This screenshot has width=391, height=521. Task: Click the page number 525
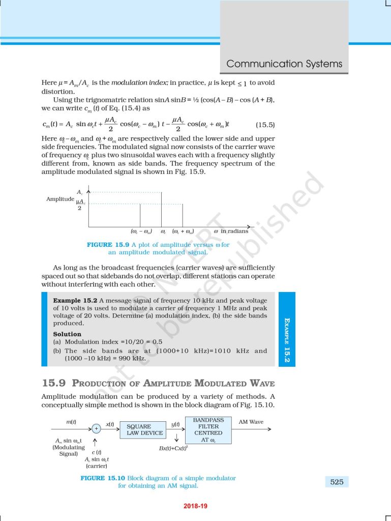(337, 481)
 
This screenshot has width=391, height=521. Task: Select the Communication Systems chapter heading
(284, 64)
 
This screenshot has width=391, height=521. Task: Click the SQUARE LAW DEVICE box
(145, 429)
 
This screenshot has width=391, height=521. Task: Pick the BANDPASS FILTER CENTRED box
(208, 430)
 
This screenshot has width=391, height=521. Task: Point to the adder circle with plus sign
(96, 429)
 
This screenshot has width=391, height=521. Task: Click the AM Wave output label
(251, 422)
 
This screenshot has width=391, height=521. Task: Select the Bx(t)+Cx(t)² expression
(173, 448)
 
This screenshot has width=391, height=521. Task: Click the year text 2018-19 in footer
(195, 506)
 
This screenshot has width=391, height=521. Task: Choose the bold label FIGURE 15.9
(106, 245)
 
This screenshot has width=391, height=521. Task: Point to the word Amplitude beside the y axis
(60, 199)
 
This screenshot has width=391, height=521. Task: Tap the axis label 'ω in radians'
(231, 231)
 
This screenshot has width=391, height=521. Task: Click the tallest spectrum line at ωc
(162, 209)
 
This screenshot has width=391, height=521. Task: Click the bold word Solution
(67, 334)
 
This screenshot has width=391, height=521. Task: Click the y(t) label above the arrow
(176, 424)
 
